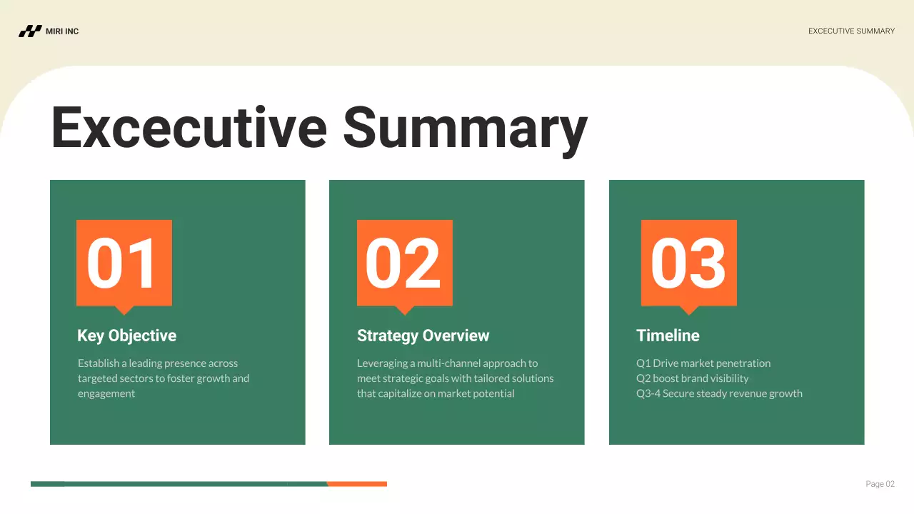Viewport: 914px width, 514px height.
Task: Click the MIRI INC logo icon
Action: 30,31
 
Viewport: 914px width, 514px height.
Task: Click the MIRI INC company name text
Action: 62,31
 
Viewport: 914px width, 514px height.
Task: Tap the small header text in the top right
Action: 851,31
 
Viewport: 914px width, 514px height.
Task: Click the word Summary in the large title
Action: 465,128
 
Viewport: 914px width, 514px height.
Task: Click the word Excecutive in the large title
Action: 189,128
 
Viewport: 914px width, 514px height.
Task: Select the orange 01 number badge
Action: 124,263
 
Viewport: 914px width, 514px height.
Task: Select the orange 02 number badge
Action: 404,263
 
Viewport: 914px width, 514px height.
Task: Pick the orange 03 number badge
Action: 688,263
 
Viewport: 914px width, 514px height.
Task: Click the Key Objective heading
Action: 126,336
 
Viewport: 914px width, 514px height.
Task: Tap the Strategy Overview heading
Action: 423,336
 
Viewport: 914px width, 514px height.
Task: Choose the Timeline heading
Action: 668,336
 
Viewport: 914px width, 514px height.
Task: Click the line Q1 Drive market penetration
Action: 703,363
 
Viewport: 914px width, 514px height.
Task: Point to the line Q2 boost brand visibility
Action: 692,378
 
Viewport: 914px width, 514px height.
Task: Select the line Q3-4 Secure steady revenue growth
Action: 719,393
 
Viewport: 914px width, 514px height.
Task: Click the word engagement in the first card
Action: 106,394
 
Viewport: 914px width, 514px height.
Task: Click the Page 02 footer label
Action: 880,484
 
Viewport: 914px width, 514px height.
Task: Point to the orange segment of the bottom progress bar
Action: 357,484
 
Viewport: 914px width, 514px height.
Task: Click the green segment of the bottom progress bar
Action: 179,484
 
